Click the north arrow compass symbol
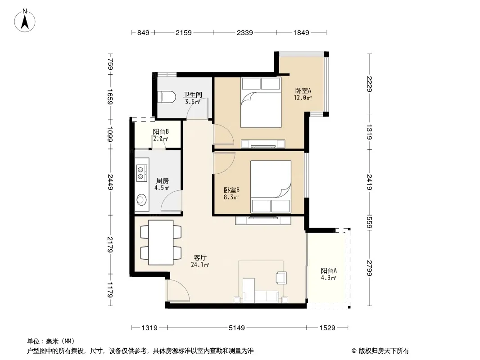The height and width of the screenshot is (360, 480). point(25,21)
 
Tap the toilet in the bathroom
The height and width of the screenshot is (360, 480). point(166,97)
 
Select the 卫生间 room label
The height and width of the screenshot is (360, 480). point(193,94)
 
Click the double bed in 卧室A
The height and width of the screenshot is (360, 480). point(261,102)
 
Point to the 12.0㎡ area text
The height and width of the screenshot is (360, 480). point(303,98)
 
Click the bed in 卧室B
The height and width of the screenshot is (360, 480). point(271,187)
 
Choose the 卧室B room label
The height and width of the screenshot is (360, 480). point(231,190)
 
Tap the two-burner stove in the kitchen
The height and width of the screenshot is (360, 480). point(141,172)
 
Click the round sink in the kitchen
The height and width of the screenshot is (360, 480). point(141,200)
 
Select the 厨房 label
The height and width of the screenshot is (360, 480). point(162,181)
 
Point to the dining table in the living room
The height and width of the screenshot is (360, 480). point(161,243)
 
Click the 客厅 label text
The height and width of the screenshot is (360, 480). point(200,257)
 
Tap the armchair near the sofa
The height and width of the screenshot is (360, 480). point(281,278)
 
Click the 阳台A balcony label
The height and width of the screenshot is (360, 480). point(329,271)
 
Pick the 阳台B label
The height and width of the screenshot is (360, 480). point(161,131)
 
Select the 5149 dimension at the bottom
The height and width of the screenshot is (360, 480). point(237,328)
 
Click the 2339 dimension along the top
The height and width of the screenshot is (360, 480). point(245,32)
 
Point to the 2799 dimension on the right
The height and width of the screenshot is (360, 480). point(370,268)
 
